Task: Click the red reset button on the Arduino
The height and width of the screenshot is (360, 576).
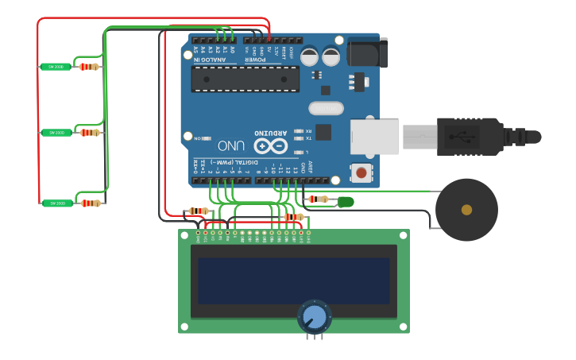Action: click(x=361, y=172)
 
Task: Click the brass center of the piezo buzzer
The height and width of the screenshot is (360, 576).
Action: click(x=466, y=210)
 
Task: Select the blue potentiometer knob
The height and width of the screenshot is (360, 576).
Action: click(x=315, y=317)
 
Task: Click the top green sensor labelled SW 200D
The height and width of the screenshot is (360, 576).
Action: click(x=56, y=67)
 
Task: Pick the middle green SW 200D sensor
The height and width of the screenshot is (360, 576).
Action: click(x=56, y=133)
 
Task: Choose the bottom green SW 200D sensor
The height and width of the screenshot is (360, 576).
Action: click(x=56, y=203)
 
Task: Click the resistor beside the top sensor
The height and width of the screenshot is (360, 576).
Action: click(x=89, y=67)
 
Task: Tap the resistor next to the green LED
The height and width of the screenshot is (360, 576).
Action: click(x=318, y=199)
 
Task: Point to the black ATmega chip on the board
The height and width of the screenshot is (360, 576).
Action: click(x=245, y=79)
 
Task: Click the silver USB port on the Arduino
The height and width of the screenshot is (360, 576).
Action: click(x=375, y=137)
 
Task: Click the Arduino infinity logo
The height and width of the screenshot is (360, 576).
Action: click(x=270, y=146)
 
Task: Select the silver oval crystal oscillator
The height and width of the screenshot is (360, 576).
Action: click(x=326, y=108)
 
